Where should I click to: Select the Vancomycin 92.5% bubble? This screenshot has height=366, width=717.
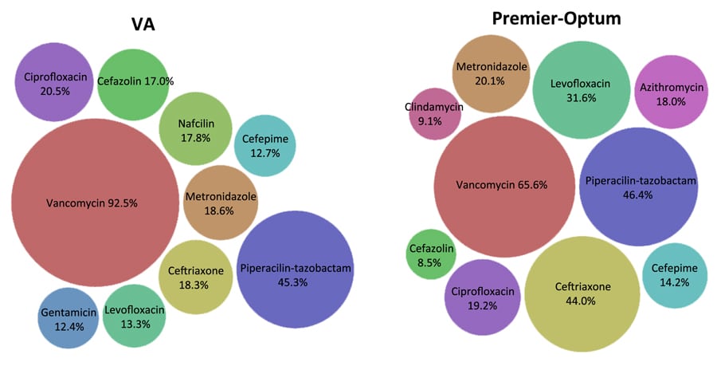pyautogui.click(x=93, y=203)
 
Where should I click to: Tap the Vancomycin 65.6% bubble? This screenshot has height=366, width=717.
pyautogui.click(x=503, y=185)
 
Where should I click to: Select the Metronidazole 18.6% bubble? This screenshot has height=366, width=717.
pyautogui.click(x=221, y=203)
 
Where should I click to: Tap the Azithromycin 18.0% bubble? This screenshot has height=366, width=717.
pyautogui.click(x=672, y=92)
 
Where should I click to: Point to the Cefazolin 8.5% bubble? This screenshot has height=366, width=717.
pyautogui.click(x=430, y=255)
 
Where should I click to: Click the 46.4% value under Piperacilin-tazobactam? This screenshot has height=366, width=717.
pyautogui.click(x=639, y=194)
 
